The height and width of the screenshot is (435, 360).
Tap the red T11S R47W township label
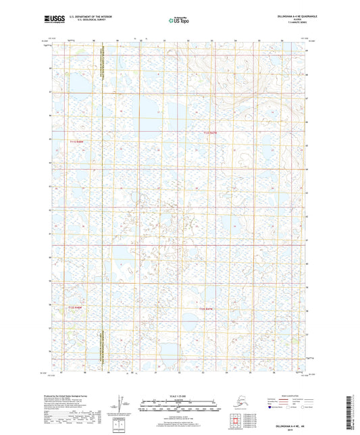(212, 133)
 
